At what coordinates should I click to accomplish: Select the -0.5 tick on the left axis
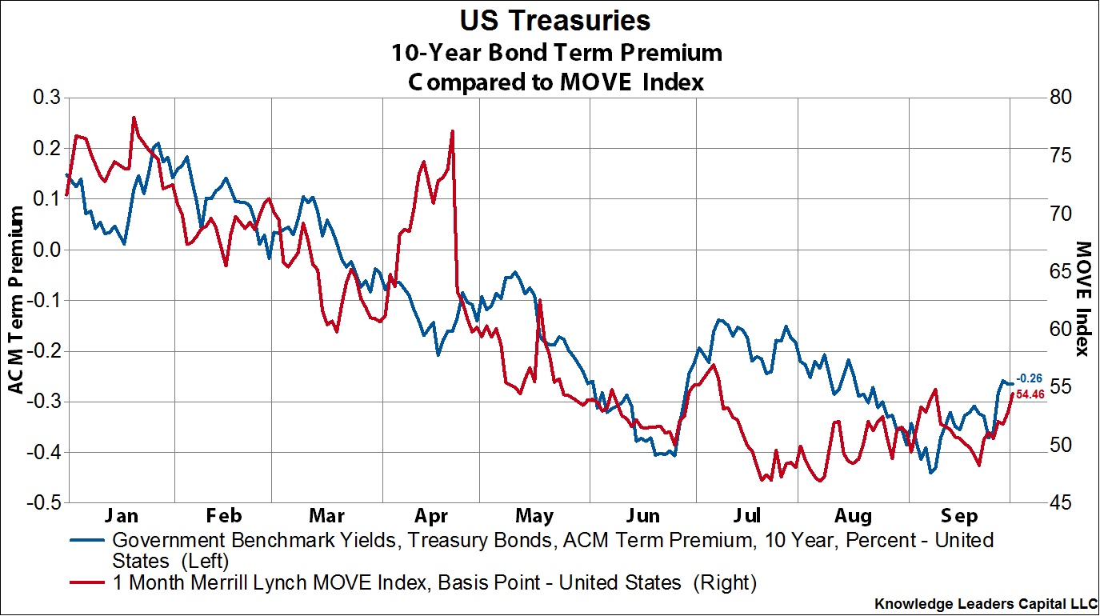(46, 503)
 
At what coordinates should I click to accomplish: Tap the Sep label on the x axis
(960, 514)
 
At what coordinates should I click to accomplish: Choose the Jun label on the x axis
(642, 514)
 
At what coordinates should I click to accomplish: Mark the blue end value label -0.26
(1029, 378)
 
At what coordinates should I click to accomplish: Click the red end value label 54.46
(1030, 394)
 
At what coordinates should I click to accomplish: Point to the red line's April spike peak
(453, 131)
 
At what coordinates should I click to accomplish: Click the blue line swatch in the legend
(87, 540)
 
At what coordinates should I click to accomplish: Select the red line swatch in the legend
(87, 583)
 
